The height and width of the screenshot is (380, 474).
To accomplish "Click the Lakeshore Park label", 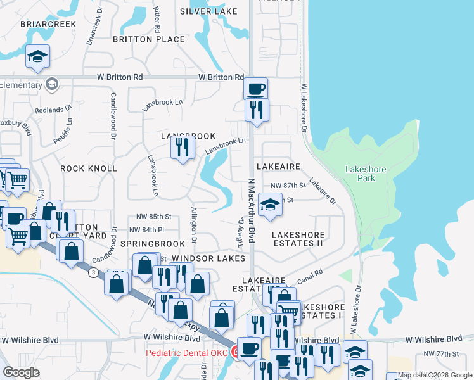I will (360, 174).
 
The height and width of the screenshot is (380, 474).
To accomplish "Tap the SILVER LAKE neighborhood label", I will (208, 11).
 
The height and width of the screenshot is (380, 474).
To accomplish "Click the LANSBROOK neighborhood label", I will (188, 136).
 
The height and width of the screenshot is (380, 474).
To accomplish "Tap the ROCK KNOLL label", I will (89, 168).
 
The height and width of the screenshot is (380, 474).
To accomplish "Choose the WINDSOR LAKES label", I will (208, 258).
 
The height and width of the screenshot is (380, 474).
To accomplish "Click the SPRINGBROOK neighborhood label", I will (152, 244).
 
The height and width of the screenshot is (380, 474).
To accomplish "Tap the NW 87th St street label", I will (288, 185).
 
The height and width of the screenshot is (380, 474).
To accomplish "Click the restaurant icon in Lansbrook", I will (183, 148).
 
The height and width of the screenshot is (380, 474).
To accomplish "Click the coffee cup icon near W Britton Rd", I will (255, 89).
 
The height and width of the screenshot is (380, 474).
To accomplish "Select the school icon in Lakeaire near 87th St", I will (270, 205).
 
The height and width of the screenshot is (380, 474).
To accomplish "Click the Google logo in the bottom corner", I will (21, 372).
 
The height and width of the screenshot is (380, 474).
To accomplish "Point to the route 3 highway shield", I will (93, 272).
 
